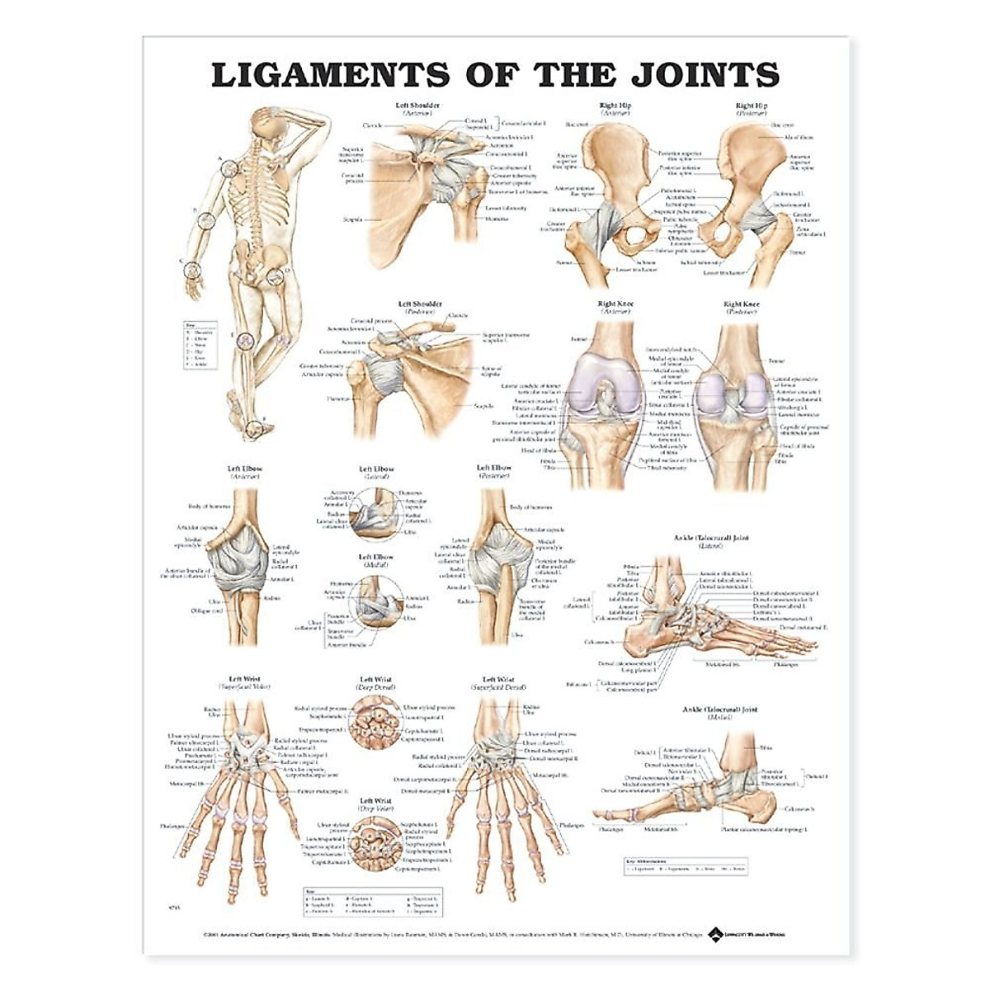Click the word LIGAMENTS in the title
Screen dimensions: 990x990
tap(330, 74)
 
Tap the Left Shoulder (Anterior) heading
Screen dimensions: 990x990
tap(417, 109)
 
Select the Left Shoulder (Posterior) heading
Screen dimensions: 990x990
tap(422, 309)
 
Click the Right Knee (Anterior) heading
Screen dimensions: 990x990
tap(615, 309)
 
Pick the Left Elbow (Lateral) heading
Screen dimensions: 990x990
tap(377, 473)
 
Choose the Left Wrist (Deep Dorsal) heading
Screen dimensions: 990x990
tap(376, 683)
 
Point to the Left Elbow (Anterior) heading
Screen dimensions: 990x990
tap(243, 473)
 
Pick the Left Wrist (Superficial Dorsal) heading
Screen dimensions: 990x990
tap(498, 683)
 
